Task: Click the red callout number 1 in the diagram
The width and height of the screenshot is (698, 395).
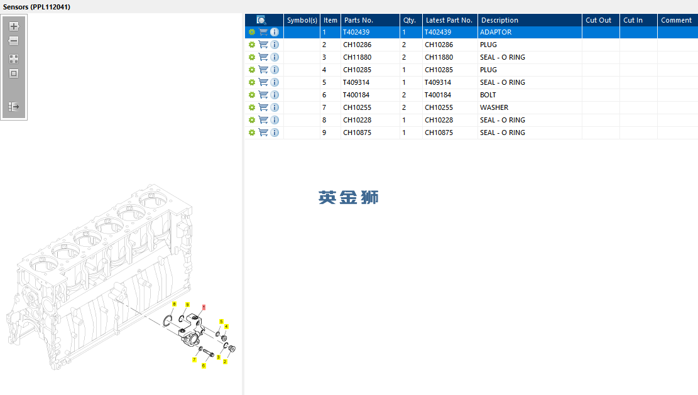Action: (x=204, y=307)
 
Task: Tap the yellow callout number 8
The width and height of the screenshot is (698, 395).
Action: (x=174, y=304)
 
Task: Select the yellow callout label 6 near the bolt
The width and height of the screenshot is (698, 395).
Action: (x=204, y=365)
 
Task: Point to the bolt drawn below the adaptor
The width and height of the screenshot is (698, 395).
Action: (x=209, y=353)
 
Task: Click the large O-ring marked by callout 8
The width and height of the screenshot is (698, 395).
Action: (x=167, y=320)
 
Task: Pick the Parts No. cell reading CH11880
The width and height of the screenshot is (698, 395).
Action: (x=357, y=57)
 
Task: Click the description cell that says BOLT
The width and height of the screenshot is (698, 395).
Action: (x=488, y=95)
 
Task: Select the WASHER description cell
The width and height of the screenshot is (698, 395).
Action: (x=494, y=107)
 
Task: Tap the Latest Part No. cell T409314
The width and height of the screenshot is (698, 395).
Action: (x=438, y=83)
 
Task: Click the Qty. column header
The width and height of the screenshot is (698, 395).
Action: (x=410, y=20)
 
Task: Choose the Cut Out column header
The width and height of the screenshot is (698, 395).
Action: (x=598, y=20)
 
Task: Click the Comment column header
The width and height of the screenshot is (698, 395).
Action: (x=677, y=20)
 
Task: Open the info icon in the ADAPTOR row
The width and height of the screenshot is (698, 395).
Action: (x=275, y=32)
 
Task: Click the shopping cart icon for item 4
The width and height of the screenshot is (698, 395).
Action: (x=263, y=70)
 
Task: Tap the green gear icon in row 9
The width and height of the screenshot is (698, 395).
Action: (x=252, y=133)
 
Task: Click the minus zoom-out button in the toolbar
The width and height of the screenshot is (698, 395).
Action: (x=14, y=41)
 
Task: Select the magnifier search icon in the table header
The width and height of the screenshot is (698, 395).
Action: (x=261, y=20)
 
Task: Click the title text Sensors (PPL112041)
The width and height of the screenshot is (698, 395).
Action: (x=36, y=7)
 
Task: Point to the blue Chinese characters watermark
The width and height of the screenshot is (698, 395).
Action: (x=349, y=197)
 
